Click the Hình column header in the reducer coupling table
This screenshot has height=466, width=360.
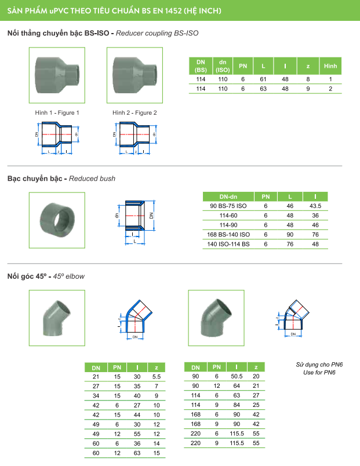330,65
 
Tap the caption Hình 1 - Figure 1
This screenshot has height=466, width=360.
57,112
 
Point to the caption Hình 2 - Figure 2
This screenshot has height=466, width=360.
134,112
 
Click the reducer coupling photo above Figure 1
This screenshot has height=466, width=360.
57,74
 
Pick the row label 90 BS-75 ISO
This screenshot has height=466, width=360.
228,206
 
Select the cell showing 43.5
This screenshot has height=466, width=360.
315,206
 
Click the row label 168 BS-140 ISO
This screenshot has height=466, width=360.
228,234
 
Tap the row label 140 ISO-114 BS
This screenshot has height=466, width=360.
228,243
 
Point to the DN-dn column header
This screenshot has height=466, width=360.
228,196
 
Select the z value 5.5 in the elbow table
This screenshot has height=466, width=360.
155,377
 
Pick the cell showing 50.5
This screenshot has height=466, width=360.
237,377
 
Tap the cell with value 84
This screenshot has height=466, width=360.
237,405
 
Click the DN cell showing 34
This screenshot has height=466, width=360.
96,395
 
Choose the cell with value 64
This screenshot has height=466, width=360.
237,386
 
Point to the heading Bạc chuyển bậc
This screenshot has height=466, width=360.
34,179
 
